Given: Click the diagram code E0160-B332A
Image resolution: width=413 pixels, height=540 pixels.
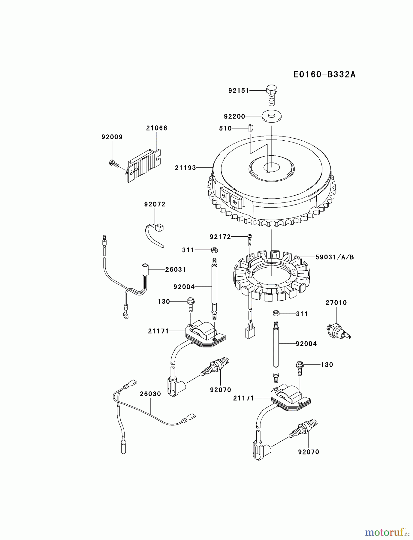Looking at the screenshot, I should coord(324,74).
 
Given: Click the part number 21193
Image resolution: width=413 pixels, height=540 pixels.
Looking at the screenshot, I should coord(185,168).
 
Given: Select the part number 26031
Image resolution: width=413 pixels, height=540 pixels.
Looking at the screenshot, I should coord(176,269).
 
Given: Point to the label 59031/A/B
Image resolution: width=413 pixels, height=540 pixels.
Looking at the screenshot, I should coord(335,257).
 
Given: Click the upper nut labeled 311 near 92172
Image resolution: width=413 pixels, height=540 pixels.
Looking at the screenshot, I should coord(214,250).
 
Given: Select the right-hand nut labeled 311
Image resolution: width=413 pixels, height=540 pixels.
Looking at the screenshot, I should coord(276,313).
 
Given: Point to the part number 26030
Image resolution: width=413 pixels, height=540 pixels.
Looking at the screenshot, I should coord(150,394).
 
